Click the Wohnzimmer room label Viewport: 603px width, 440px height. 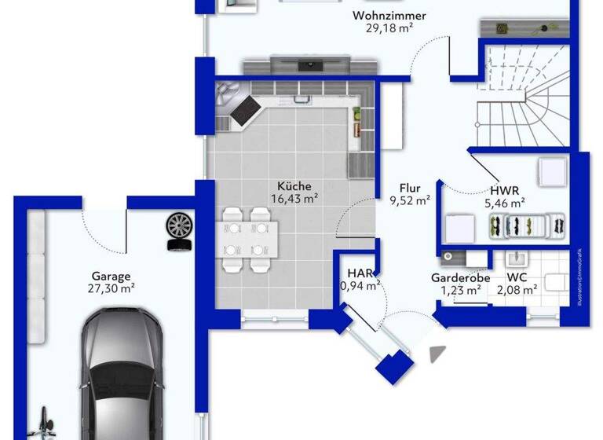click(389, 16)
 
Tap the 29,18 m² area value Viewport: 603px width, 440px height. click(389, 27)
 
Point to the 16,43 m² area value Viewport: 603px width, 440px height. click(294, 199)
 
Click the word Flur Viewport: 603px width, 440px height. click(410, 189)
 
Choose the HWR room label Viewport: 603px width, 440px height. click(504, 190)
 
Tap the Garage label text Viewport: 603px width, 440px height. click(111, 276)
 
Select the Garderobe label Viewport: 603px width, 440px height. click(461, 278)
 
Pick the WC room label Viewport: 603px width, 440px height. click(517, 278)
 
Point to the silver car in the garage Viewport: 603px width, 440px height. click(122, 377)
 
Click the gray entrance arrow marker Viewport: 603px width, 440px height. click(438, 354)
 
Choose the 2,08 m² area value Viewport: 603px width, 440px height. click(517, 290)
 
